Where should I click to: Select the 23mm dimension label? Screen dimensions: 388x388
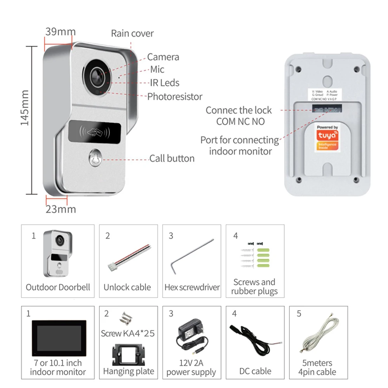tap(61, 210)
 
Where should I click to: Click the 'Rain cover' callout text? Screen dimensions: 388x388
tap(132, 33)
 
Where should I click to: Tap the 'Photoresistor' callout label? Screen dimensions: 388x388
tap(175, 96)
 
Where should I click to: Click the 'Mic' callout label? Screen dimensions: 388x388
tap(157, 69)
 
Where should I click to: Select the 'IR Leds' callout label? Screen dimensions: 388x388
tap(165, 83)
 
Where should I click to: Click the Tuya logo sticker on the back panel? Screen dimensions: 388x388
tap(326, 138)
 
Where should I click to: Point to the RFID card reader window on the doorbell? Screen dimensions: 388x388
tap(95, 131)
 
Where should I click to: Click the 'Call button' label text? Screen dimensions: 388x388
tap(172, 158)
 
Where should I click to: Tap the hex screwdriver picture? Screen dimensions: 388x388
tap(192, 256)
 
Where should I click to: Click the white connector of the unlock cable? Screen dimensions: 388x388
tap(112, 267)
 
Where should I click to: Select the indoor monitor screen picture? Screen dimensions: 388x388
tap(58, 337)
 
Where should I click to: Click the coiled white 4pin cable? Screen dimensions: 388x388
tap(319, 338)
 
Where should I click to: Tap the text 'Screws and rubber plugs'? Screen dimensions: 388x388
tap(255, 287)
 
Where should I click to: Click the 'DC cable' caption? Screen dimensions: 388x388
tap(255, 371)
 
